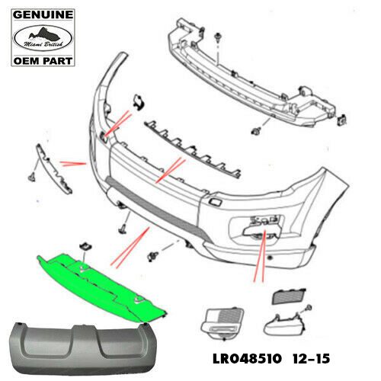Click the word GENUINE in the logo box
point(43,15)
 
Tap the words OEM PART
point(43,61)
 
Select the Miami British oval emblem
point(43,38)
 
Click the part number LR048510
point(248,359)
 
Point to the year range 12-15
point(311,359)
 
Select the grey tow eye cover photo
point(82,348)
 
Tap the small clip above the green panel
point(85,246)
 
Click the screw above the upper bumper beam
point(218,37)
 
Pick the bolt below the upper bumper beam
point(255,131)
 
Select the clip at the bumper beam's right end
point(342,120)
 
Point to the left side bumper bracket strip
point(53,169)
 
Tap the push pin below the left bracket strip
point(32,177)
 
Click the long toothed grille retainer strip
point(192,149)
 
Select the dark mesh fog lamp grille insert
point(289,296)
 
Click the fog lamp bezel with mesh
point(222,322)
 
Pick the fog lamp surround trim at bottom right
point(283,325)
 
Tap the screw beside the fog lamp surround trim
point(309,308)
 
